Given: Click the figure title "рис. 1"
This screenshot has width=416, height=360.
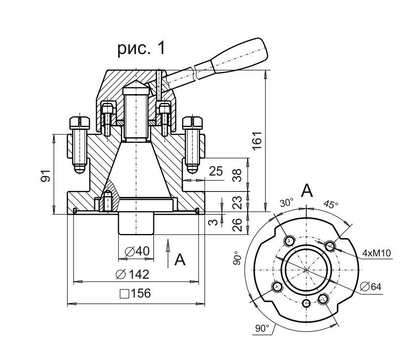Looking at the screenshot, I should (140, 48).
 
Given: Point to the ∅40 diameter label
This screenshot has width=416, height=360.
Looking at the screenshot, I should (136, 251).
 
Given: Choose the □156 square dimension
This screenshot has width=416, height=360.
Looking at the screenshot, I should (135, 294).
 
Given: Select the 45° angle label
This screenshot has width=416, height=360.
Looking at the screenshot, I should (331, 204).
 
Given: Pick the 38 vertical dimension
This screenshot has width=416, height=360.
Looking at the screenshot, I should (237, 174).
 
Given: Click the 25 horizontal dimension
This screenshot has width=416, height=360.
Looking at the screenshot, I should (216, 172).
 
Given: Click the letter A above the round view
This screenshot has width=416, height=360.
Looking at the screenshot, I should (308, 190).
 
